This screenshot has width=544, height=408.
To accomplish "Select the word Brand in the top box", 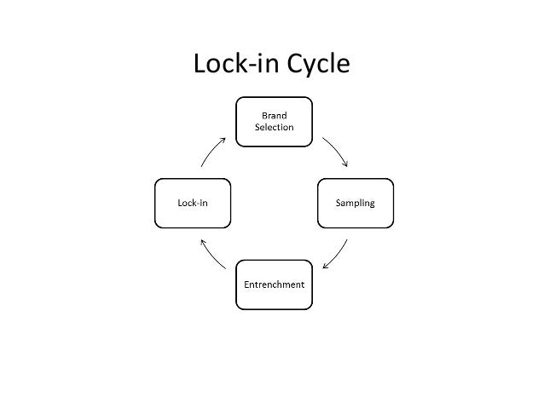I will (x=274, y=115).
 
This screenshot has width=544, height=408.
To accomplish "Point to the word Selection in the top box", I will (x=274, y=127).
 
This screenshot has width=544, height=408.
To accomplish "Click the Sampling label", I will (x=355, y=203).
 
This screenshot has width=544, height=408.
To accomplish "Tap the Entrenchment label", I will (x=274, y=284).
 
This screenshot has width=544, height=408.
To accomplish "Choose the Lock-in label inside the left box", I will (x=192, y=203).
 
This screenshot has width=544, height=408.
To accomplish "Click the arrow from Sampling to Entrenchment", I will (x=336, y=254).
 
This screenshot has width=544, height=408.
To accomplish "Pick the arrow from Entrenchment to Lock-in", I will (x=212, y=253).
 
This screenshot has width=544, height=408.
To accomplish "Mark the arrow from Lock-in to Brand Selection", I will (x=212, y=152).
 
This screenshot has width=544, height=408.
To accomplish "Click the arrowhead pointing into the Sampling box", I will (x=344, y=164).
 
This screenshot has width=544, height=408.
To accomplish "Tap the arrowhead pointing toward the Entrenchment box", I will (x=326, y=265).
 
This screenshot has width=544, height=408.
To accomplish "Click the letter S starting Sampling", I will (x=339, y=203).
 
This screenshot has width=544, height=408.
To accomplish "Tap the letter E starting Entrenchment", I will (x=246, y=284).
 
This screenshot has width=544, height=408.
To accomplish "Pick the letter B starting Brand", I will (x=263, y=115).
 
